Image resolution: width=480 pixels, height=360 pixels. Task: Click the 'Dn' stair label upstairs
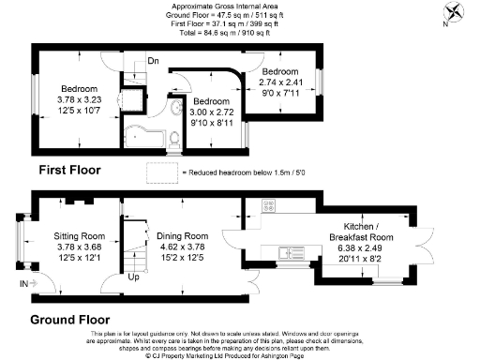[153, 63]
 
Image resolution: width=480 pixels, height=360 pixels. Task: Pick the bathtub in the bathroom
[142, 135]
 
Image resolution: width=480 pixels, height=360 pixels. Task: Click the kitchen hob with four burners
[268, 208]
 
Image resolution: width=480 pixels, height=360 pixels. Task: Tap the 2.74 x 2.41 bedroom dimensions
[280, 82]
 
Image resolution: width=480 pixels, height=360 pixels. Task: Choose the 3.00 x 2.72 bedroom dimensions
[213, 112]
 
